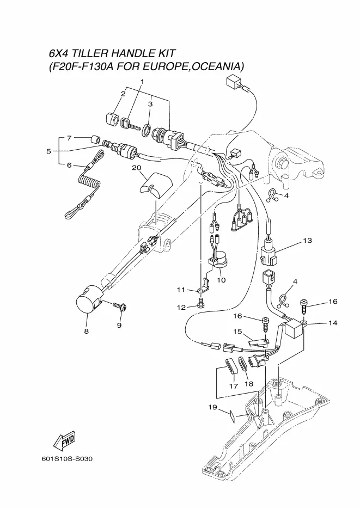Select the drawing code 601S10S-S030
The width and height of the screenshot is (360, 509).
click(67, 459)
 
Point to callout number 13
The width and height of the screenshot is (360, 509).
click(307, 241)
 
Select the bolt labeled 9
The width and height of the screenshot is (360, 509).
click(120, 306)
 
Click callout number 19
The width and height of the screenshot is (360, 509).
click(212, 407)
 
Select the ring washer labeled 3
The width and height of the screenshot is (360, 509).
click(147, 129)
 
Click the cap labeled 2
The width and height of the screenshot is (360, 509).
click(113, 119)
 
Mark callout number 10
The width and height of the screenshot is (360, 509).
click(221, 280)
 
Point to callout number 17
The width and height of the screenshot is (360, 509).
click(234, 386)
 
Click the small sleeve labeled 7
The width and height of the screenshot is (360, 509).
click(95, 139)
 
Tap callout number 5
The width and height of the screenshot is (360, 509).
click(48, 151)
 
